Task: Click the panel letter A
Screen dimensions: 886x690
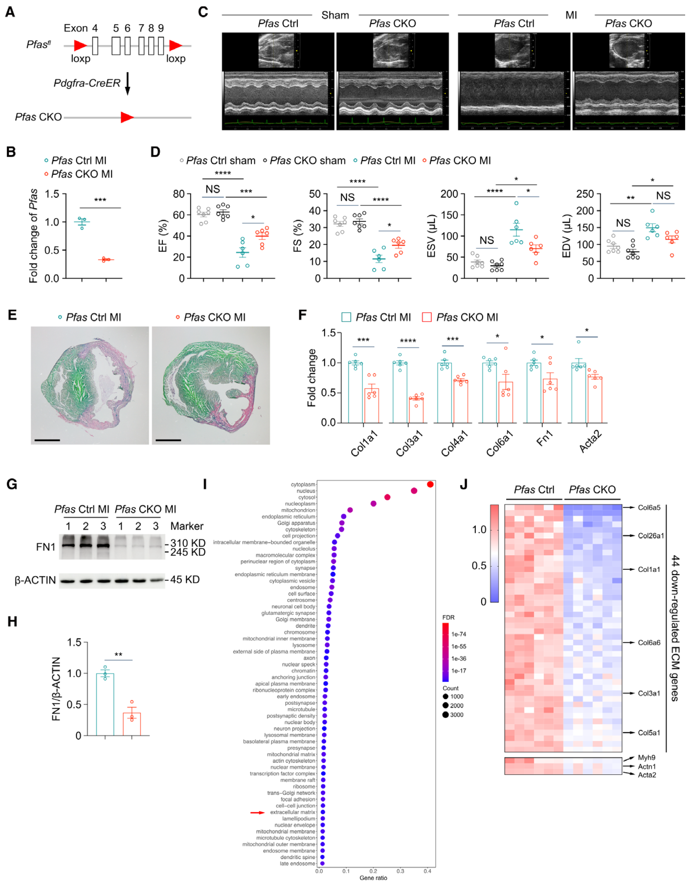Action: [10, 12]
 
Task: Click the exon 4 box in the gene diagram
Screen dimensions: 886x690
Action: [95, 45]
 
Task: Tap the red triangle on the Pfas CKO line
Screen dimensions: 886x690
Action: [127, 118]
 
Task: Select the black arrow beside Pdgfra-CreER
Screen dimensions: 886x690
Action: [127, 83]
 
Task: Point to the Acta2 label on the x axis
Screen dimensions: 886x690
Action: [590, 442]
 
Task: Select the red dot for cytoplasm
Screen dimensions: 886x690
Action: [430, 484]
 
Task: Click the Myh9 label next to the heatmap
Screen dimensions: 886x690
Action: [647, 758]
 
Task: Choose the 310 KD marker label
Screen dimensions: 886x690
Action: [188, 543]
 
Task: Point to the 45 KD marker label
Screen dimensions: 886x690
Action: [185, 580]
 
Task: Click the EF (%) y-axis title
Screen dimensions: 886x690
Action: [163, 236]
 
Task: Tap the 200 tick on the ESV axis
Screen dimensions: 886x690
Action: [449, 194]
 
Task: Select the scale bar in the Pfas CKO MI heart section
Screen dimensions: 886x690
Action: [168, 440]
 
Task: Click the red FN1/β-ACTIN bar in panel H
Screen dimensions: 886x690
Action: [132, 724]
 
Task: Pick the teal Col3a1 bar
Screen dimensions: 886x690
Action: [400, 392]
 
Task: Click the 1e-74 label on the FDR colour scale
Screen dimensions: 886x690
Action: [459, 634]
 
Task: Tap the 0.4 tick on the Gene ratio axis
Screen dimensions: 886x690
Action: [428, 871]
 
